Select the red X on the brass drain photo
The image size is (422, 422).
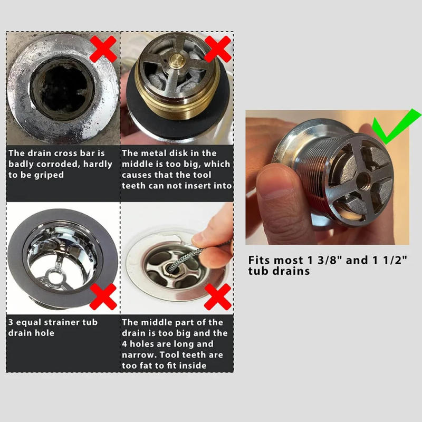click(x=217, y=49)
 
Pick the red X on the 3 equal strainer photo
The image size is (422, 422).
click(x=103, y=296)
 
